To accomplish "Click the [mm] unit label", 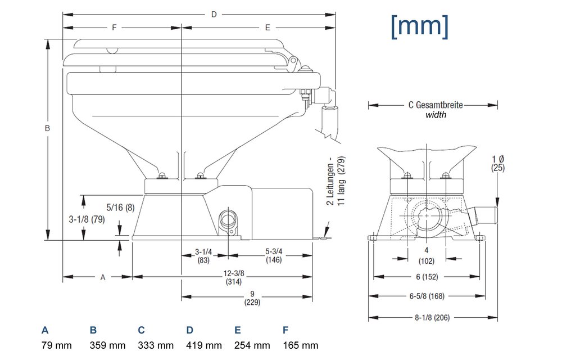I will point(419,26).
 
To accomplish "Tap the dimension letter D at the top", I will point(214,14).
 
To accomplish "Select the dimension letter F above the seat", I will point(114,27).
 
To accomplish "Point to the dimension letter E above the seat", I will point(268,27).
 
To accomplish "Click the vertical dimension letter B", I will point(48,128).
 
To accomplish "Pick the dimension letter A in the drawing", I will point(102,277).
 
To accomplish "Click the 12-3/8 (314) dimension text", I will point(232,277).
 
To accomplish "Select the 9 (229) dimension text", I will point(252,298).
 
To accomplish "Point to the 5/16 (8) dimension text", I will point(120,207).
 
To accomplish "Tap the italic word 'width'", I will point(436,115).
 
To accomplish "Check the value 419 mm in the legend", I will point(203,345).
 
